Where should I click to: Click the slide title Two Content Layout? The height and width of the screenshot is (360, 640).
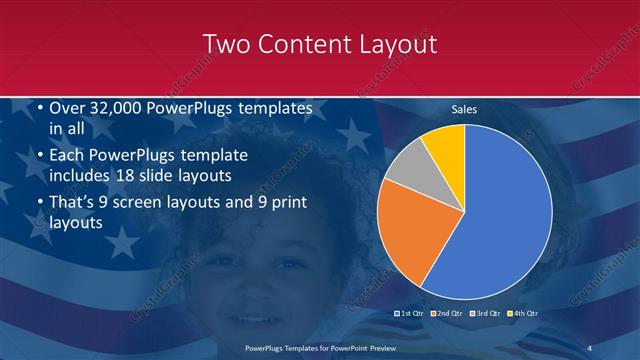pyautogui.click(x=319, y=44)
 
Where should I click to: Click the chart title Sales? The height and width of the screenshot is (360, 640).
pyautogui.click(x=464, y=109)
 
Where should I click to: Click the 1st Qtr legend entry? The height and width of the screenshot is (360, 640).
pyautogui.click(x=412, y=313)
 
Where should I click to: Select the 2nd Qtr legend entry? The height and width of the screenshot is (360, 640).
pyautogui.click(x=447, y=313)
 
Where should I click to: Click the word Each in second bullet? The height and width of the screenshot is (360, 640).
pyautogui.click(x=68, y=156)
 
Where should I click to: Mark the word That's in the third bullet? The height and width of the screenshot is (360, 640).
pyautogui.click(x=75, y=202)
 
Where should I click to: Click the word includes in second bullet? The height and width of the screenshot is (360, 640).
pyautogui.click(x=84, y=177)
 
